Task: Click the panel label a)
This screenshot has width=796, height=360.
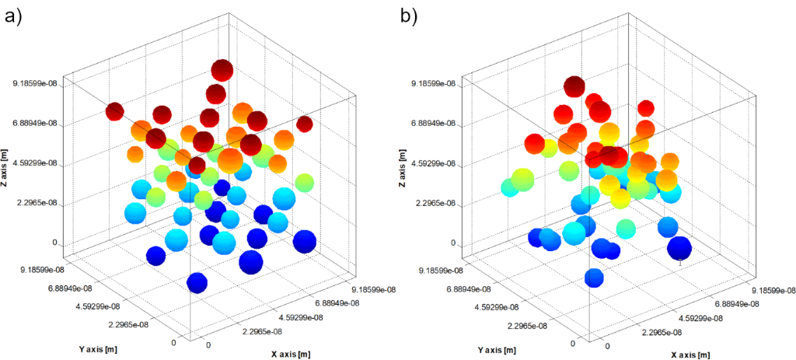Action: (x=15, y=15)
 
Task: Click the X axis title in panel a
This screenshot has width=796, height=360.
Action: (x=291, y=354)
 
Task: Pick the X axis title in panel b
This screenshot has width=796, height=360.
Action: (x=688, y=355)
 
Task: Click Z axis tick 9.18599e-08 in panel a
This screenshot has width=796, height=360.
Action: (x=33, y=83)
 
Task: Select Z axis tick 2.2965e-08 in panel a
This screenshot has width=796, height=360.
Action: (x=35, y=203)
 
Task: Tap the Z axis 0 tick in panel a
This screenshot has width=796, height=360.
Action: (x=55, y=243)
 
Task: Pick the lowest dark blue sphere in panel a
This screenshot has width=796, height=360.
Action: (x=197, y=283)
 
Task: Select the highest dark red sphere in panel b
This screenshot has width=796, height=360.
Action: (x=574, y=86)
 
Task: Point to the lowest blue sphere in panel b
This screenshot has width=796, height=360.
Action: (x=594, y=278)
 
